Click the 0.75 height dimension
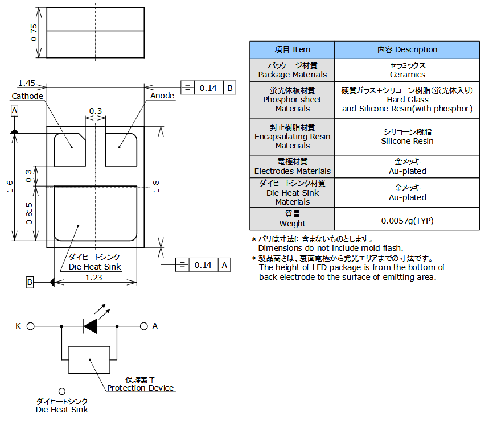pyautogui.click(x=34, y=33)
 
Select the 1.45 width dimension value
pyautogui.click(x=27, y=83)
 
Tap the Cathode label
pyautogui.click(x=27, y=96)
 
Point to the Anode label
pyautogui.click(x=162, y=96)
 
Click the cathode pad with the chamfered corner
pyautogui.click(x=69, y=150)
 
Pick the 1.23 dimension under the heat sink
pyautogui.click(x=93, y=278)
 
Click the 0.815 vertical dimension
pyautogui.click(x=29, y=213)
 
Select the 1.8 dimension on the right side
pyautogui.click(x=156, y=187)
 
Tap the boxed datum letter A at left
pyautogui.click(x=14, y=111)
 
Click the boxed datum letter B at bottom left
pyautogui.click(x=30, y=282)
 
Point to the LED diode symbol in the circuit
pyautogui.click(x=91, y=326)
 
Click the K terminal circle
pyautogui.click(x=31, y=326)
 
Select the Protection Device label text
pyautogui.click(x=141, y=388)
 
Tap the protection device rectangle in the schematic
pyautogui.click(x=89, y=359)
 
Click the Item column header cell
pyautogui.click(x=292, y=50)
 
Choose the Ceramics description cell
pyautogui.click(x=407, y=70)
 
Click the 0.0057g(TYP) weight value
pyautogui.click(x=407, y=221)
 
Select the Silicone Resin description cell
pyautogui.click(x=407, y=137)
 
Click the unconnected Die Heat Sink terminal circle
pyautogui.click(x=62, y=391)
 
